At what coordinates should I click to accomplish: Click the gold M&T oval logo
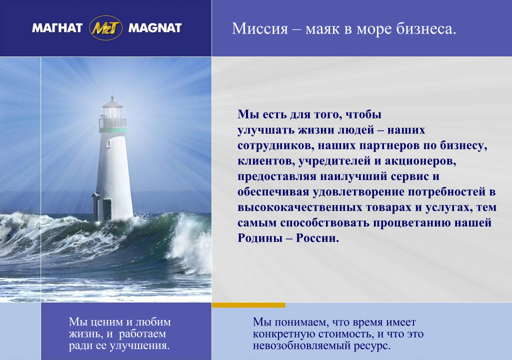pyautogui.click(x=105, y=28)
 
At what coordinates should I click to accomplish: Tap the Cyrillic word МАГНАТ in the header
pyautogui.click(x=57, y=28)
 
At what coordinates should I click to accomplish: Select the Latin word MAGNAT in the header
pyautogui.click(x=155, y=28)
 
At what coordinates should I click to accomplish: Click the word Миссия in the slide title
pyautogui.click(x=260, y=28)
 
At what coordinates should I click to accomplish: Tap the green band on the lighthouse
pyautogui.click(x=112, y=130)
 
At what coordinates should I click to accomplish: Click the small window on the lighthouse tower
pyautogui.click(x=108, y=143)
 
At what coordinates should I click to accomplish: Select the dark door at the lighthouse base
pyautogui.click(x=107, y=209)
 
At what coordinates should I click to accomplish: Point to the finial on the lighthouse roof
pyautogui.click(x=112, y=98)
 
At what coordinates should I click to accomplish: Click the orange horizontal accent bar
pyautogui.click(x=248, y=305)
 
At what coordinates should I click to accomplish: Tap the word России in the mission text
pyautogui.click(x=317, y=238)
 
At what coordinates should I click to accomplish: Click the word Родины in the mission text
pyautogui.click(x=259, y=238)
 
